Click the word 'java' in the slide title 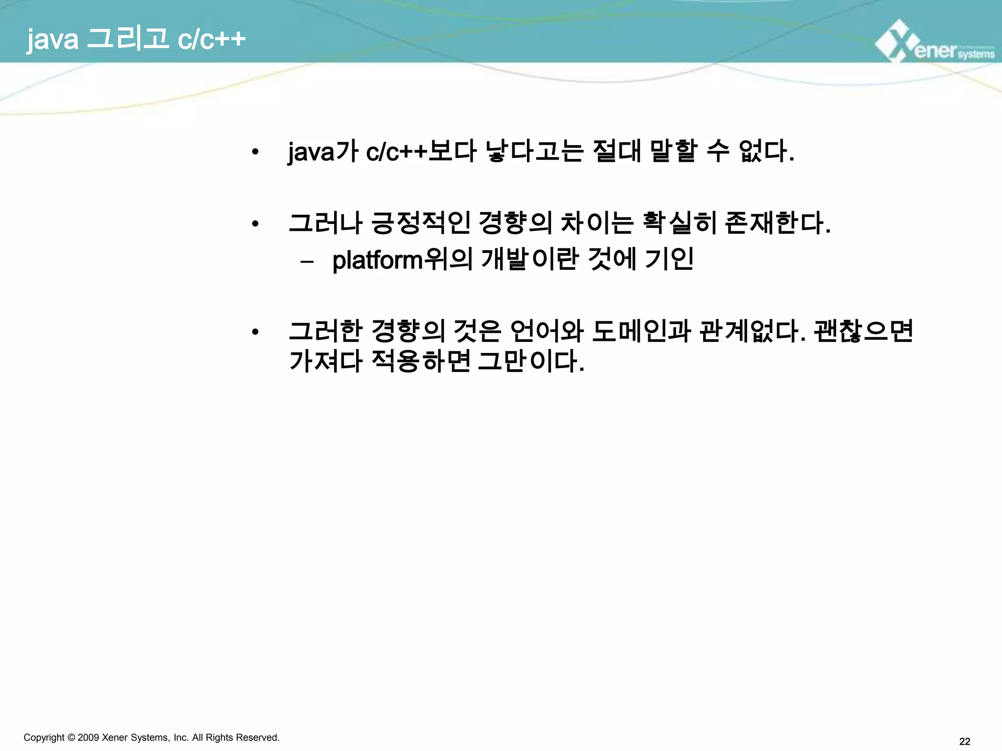click(52, 39)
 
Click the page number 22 click(964, 741)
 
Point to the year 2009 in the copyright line click(88, 737)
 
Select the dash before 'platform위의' click(307, 262)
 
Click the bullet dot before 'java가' click(254, 152)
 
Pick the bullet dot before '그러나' click(254, 224)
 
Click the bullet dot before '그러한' click(254, 332)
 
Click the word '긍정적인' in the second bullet click(421, 223)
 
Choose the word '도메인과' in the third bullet click(641, 331)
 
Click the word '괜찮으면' click(864, 331)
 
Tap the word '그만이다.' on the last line click(531, 361)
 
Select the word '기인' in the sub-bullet click(669, 259)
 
